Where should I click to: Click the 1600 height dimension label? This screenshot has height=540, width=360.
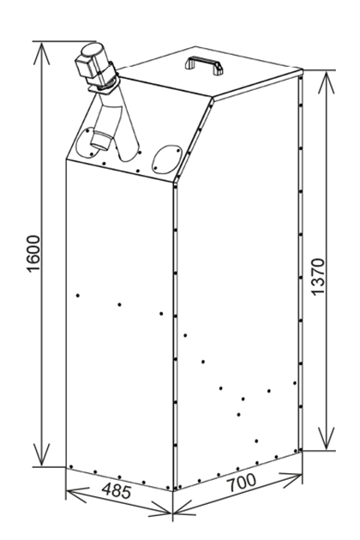[33, 254]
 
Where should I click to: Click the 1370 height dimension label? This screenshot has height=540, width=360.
[318, 277]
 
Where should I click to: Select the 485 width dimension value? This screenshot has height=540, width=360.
[117, 490]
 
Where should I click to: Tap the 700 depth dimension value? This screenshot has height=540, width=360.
[242, 483]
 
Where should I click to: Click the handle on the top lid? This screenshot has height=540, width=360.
[204, 65]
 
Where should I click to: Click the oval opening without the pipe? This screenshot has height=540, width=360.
[167, 158]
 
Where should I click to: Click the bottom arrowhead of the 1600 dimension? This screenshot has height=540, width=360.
[42, 455]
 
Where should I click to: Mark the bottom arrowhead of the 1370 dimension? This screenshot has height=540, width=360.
[327, 439]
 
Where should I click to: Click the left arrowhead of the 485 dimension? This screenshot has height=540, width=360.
[76, 495]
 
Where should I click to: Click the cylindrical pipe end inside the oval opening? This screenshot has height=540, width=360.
[101, 141]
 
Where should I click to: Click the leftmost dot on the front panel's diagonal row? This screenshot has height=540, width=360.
[78, 296]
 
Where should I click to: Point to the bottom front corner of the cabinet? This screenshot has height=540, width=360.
[173, 491]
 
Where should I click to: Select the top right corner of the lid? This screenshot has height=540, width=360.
[302, 70]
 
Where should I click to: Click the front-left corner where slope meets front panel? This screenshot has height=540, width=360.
[66, 159]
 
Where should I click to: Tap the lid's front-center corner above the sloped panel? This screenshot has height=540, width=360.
[213, 99]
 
